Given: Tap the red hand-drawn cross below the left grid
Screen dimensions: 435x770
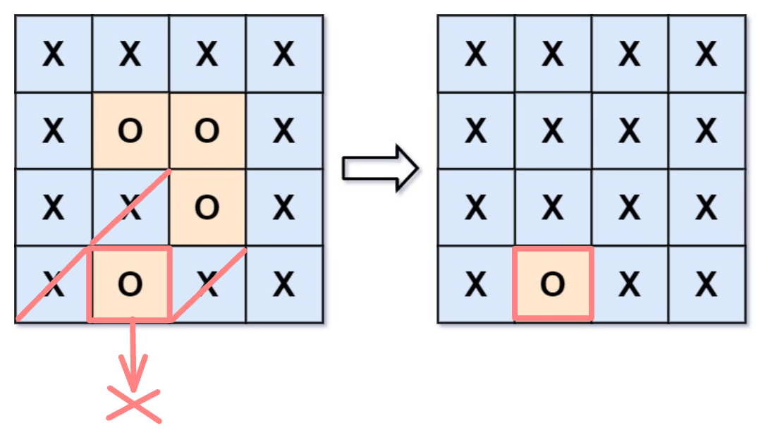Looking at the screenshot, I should coord(133,406).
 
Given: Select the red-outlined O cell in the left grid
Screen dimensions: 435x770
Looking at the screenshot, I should coord(129,283).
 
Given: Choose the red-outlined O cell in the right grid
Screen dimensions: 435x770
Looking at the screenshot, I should coord(553,283).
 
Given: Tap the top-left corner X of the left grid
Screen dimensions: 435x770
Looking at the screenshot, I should coord(53,54).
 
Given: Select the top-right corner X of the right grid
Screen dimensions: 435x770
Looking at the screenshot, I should coord(706,54).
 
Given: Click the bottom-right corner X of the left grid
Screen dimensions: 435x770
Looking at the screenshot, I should coord(283,283).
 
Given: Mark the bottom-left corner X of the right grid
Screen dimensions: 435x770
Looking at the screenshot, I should coord(476,283).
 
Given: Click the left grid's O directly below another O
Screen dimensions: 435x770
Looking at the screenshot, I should coord(206,207).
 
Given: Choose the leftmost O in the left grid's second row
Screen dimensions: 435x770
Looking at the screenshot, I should coord(129,130).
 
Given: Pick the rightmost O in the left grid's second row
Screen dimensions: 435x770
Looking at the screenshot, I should coord(206,130).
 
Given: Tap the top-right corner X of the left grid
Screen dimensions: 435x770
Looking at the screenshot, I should coord(283,54).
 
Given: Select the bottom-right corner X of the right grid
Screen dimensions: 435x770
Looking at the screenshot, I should coord(706,283).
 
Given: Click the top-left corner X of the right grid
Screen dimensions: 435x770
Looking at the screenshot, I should coord(476,54).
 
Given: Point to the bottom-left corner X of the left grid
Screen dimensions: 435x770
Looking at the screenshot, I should coord(53,283).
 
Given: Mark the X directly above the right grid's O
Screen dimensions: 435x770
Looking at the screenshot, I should coord(553,207).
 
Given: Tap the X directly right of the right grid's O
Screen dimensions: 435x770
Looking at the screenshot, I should coord(629,283).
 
